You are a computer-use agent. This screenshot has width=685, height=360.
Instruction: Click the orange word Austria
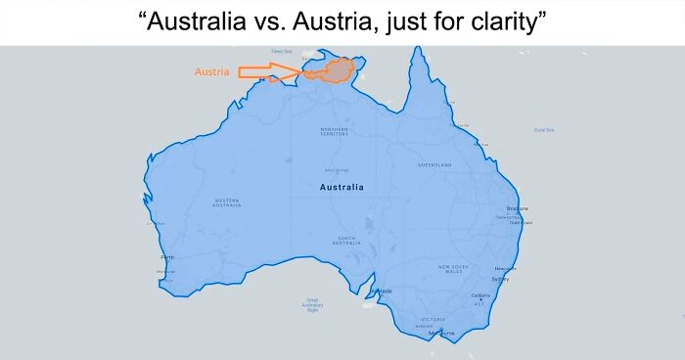coord(211,71)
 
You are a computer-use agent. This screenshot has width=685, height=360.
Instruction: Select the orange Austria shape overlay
coord(338,69)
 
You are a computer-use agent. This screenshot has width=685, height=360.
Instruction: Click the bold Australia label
coord(341,187)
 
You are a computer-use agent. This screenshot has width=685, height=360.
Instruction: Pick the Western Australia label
coord(227,202)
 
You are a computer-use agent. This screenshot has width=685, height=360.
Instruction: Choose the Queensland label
coord(434,165)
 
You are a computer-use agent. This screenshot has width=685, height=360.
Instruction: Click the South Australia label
coord(347,240)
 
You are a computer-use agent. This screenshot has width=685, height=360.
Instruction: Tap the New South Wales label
coord(452,268)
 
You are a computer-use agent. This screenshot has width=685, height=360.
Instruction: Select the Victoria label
coord(433,320)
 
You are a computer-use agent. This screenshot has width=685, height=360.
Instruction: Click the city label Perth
coord(167,258)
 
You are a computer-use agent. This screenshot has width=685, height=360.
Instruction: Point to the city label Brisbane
coord(517,208)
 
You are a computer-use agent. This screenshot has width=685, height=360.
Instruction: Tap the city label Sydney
coord(500,279)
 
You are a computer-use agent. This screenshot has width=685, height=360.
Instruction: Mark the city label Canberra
coord(480,295)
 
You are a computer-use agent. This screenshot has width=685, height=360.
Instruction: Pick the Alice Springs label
coord(337,170)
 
